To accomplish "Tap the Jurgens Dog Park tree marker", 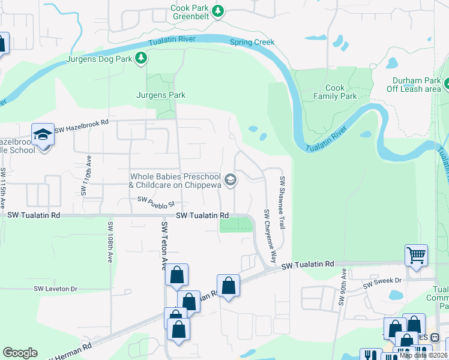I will click(x=141, y=58).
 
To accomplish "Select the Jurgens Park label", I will click(x=160, y=95).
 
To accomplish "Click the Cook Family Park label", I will click(x=335, y=92).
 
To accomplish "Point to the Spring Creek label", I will click(x=252, y=42).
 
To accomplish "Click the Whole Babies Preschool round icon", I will click(x=230, y=180).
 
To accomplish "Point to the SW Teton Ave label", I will click(x=163, y=245).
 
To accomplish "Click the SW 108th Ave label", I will click(x=110, y=243).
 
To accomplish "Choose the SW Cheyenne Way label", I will click(x=268, y=235).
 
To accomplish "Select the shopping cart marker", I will click(x=416, y=256).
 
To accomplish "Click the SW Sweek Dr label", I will click(x=382, y=280).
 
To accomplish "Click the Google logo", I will click(x=20, y=353).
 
